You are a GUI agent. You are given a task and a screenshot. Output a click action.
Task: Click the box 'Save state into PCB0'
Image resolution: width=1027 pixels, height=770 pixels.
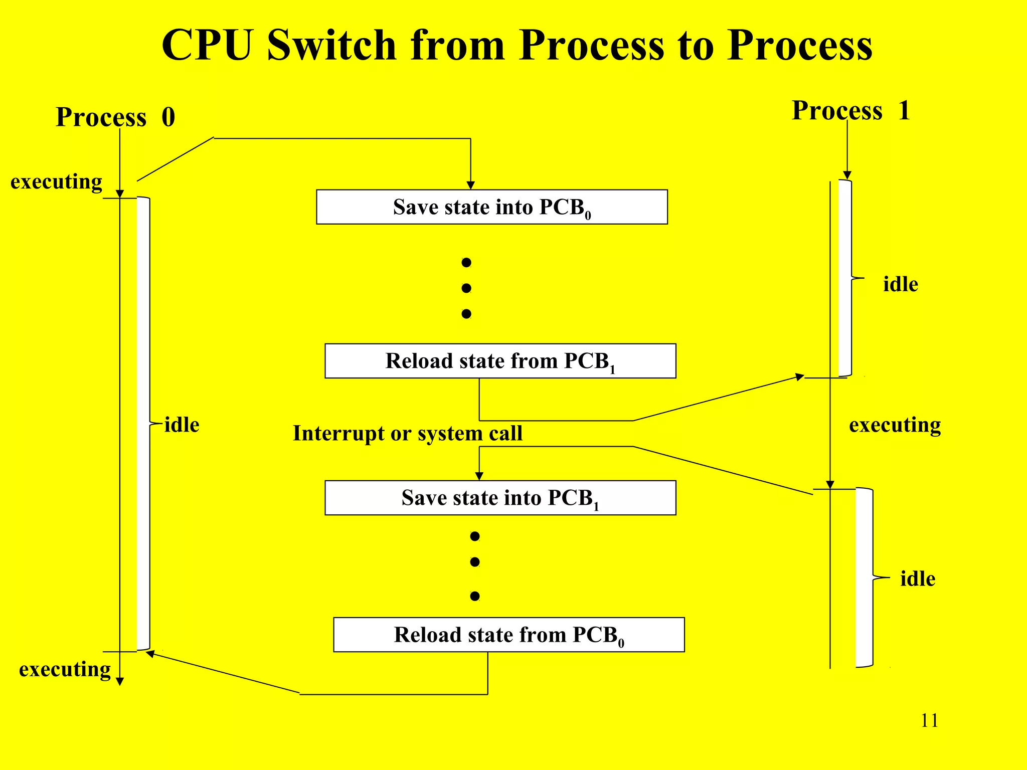coord(491,207)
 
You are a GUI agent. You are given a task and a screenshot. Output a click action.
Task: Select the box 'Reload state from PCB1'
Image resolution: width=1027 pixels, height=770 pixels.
coord(500,361)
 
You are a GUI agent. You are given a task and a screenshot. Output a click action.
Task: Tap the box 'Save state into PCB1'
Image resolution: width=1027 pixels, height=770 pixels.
coord(500,498)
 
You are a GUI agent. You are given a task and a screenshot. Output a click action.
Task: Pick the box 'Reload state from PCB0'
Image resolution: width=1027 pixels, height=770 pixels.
coord(508,635)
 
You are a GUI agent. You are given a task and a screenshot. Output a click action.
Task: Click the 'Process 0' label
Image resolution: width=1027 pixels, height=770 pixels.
coord(115,117)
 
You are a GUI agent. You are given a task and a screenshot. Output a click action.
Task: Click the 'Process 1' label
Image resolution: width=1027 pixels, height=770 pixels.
coord(851,110)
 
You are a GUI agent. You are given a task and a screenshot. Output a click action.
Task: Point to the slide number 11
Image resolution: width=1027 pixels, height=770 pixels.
coord(929,720)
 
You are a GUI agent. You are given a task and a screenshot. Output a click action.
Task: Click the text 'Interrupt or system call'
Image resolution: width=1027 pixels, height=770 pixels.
coord(407,433)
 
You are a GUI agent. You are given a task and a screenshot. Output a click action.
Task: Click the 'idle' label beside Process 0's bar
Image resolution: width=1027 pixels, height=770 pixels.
coord(182,425)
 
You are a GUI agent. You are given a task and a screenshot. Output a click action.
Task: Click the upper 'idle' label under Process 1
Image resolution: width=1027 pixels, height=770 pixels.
coord(900,284)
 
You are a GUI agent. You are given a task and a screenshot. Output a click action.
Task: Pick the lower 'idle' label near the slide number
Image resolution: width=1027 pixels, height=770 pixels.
coord(917,579)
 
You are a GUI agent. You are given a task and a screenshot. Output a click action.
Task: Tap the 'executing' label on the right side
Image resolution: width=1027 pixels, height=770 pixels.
coord(895,425)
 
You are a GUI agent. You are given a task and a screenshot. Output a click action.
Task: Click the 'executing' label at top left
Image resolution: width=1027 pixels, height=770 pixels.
coord(56,181)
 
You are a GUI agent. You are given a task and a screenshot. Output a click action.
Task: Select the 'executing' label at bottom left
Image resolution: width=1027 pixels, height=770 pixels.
coord(65,669)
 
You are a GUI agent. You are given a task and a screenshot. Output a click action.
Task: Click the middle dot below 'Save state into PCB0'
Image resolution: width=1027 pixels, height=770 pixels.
coord(466,288)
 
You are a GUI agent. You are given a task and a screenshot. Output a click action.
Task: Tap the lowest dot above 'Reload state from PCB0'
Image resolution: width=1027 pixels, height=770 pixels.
coord(475,596)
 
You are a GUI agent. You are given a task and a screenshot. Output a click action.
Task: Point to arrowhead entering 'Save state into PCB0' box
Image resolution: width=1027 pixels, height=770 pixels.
coord(470,185)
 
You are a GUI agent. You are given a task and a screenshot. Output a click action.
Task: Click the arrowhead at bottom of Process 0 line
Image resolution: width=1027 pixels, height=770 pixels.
coord(120,681)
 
